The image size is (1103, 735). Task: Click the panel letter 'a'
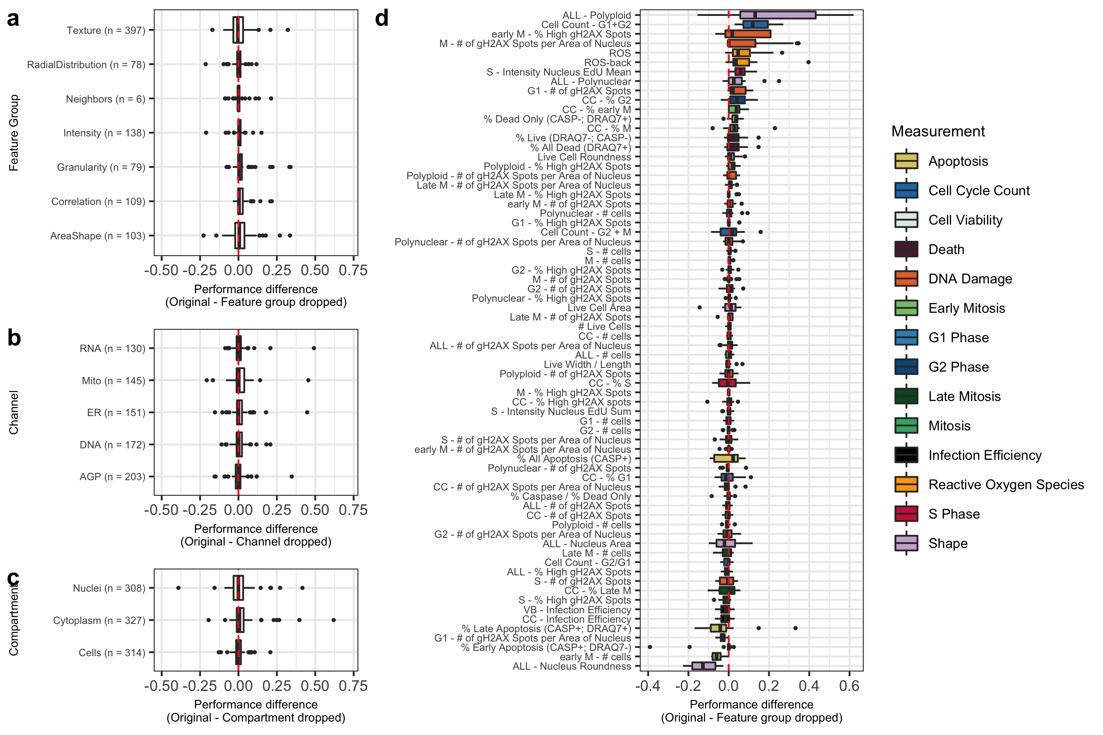(x=13, y=20)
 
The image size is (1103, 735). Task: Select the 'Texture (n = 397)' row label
(x=105, y=31)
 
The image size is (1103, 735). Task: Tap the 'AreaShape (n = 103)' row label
(x=98, y=236)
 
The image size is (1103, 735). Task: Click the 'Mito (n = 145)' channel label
(x=113, y=381)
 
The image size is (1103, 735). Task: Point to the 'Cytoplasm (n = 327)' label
(x=99, y=620)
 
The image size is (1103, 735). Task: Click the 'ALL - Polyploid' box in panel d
(x=777, y=15)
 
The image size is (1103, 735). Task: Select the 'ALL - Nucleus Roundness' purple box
(x=703, y=666)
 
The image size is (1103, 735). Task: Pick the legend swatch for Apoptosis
(x=906, y=161)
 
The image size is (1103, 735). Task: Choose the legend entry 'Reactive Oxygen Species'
(x=1006, y=484)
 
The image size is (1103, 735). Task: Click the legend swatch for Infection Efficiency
(x=906, y=455)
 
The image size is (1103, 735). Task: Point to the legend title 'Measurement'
(x=938, y=131)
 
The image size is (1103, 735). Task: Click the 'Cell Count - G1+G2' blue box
(x=755, y=24)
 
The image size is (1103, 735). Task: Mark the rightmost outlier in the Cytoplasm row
(x=333, y=620)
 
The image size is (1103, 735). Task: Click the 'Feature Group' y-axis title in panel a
(x=14, y=133)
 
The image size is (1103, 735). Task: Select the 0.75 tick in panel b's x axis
(x=353, y=510)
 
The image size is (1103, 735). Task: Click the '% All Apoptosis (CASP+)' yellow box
(x=726, y=458)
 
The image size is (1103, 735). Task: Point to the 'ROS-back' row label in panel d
(x=607, y=62)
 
